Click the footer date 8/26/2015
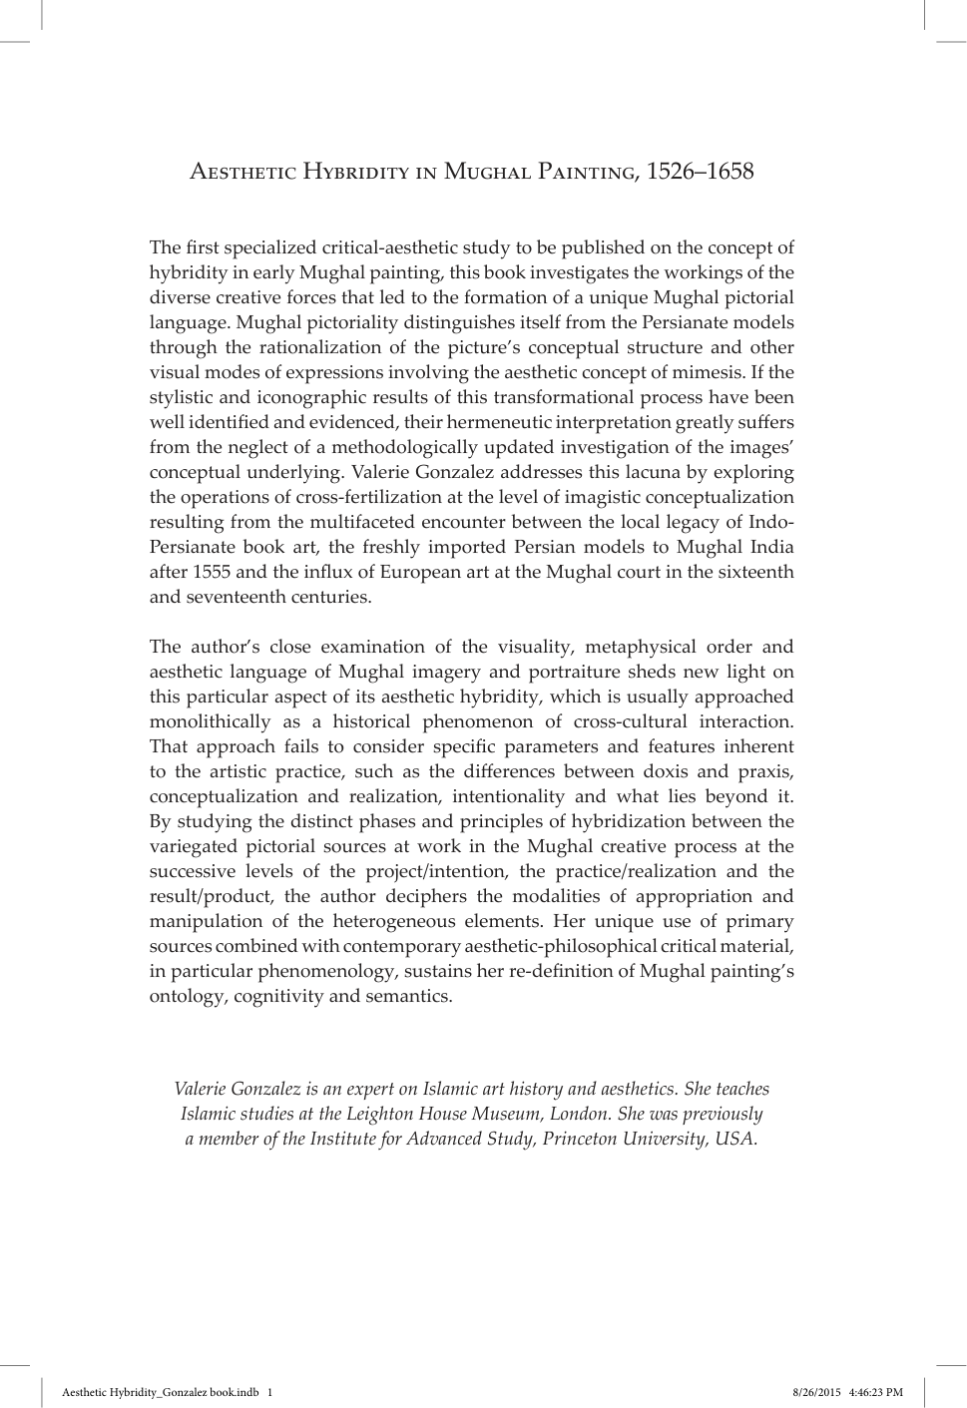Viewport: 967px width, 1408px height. coord(814,1392)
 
